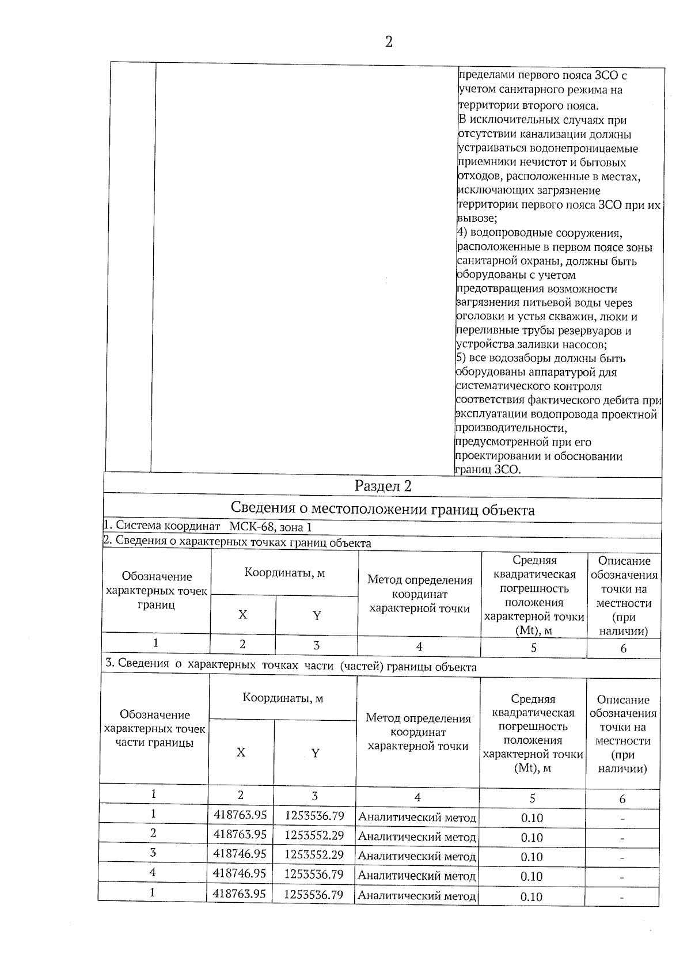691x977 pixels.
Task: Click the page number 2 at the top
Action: pos(389,42)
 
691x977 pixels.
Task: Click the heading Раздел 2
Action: pos(383,486)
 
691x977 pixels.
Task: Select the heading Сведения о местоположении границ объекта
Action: pos(382,510)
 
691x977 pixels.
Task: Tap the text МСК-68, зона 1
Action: pos(271,527)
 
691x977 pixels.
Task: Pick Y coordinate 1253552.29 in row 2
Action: pos(314,835)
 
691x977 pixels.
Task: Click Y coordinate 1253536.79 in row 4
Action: pos(314,874)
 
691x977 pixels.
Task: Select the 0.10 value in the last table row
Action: pos(531,896)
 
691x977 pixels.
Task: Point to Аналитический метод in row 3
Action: pos(417,856)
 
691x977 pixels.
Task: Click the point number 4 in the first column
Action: pos(153,872)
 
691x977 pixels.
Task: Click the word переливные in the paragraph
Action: pos(484,331)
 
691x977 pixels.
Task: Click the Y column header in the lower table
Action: pos(315,753)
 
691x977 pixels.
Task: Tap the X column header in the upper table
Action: pos(242,615)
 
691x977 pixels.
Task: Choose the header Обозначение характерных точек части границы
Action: pos(154,729)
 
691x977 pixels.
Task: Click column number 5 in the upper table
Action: pos(534,648)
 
